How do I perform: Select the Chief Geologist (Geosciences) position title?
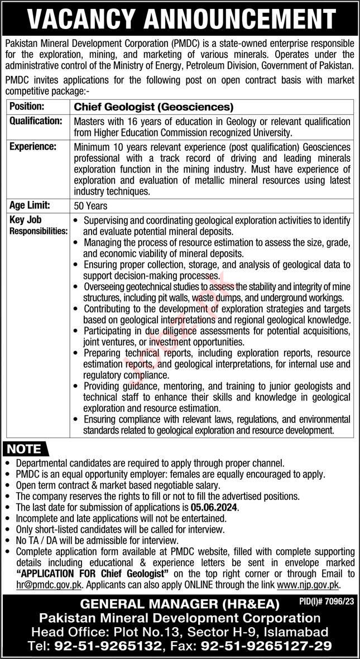[154, 107]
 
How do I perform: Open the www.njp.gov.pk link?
[308, 584]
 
